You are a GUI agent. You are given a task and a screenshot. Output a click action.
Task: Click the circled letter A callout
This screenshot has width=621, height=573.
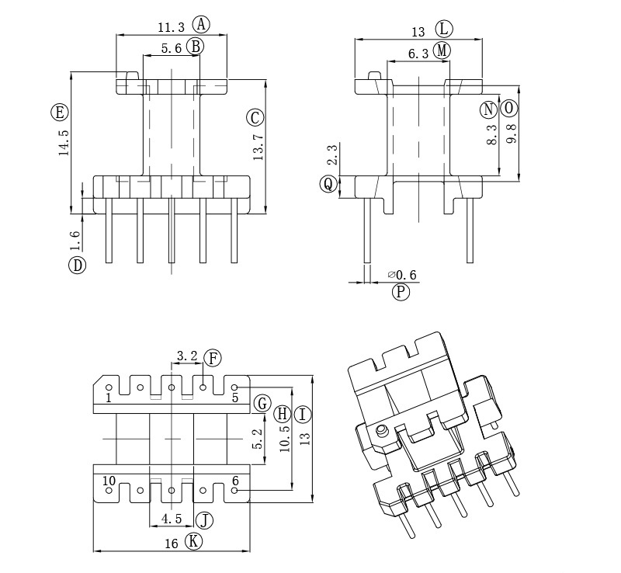202,24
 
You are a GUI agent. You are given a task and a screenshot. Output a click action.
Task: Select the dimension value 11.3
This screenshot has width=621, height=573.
171,27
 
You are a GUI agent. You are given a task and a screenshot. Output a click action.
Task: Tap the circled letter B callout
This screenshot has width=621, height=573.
196,47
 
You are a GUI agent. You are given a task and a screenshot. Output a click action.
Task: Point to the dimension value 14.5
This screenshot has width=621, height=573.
64,143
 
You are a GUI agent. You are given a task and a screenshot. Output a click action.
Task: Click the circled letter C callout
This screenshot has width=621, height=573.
255,118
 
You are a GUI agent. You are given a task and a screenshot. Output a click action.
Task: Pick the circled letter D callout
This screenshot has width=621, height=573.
77,265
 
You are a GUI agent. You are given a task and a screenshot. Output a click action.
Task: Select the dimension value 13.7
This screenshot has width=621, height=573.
258,148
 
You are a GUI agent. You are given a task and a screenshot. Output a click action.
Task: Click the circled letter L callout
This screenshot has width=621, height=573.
444,30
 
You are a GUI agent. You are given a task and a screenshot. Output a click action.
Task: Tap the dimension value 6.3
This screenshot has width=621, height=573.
418,54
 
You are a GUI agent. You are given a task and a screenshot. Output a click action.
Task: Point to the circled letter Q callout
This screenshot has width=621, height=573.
328,184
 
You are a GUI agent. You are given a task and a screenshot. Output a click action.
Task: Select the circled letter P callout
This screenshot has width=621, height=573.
401,292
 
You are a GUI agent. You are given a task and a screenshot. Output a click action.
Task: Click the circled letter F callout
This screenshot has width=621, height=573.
213,358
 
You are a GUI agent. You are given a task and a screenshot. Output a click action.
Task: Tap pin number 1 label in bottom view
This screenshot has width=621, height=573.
109,398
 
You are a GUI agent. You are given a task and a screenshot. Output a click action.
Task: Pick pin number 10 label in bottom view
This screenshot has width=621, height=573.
109,481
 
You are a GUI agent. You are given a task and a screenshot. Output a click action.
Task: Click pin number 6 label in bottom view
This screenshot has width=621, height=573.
234,481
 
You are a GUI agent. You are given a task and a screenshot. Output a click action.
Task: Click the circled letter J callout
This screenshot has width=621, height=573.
204,519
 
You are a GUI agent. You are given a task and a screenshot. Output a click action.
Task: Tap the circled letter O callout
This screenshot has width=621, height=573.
509,108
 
